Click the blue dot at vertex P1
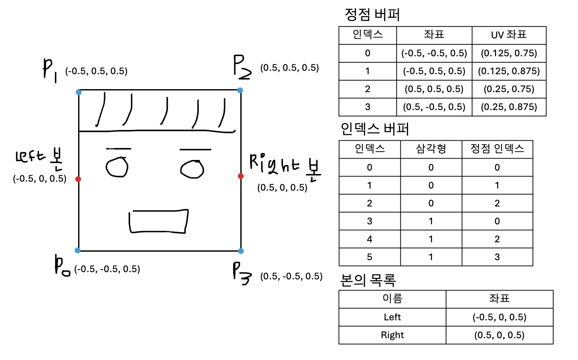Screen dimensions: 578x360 pyautogui.click(x=78, y=92)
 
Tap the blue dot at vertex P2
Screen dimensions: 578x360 pyautogui.click(x=240, y=90)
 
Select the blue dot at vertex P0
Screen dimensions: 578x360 pyautogui.click(x=77, y=250)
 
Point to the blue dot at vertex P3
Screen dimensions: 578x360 pyautogui.click(x=241, y=251)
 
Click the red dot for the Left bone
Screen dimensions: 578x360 pyautogui.click(x=78, y=179)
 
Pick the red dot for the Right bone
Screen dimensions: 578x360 pyautogui.click(x=241, y=176)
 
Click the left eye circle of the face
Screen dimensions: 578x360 pyautogui.click(x=117, y=167)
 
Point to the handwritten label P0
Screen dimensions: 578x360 pyautogui.click(x=62, y=268)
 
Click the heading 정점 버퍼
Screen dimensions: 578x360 pyautogui.click(x=372, y=15)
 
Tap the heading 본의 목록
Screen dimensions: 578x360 pyautogui.click(x=368, y=280)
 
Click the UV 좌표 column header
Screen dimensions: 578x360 pyautogui.click(x=509, y=35)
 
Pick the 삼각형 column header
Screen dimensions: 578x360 pyautogui.click(x=431, y=149)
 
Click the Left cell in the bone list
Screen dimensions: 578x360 pyautogui.click(x=392, y=317)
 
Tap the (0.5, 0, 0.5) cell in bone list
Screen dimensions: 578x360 pyautogui.click(x=499, y=335)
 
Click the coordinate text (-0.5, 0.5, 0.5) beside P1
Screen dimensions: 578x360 pyautogui.click(x=96, y=71)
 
